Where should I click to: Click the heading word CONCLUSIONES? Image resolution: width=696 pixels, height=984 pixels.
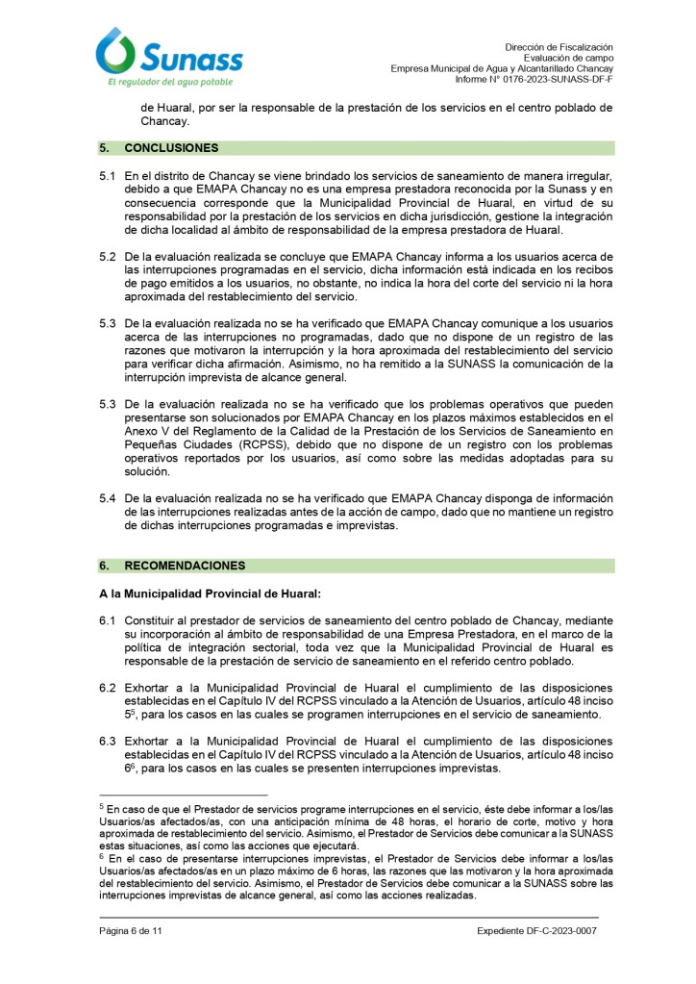pos(171,148)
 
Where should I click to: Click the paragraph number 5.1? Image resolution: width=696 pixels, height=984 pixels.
pos(107,178)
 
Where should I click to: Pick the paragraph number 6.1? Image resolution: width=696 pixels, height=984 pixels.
pos(107,622)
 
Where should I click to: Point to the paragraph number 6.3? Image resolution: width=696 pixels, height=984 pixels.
pos(107,741)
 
